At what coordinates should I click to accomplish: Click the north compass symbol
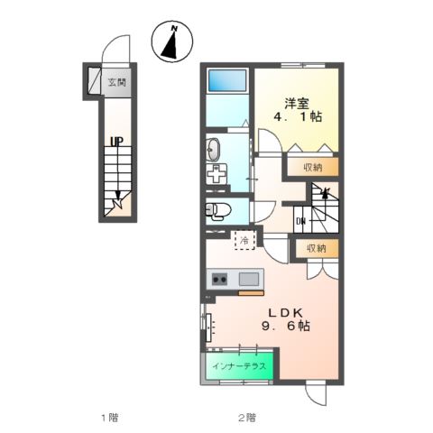(x=172, y=41)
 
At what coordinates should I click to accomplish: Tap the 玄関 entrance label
(x=117, y=82)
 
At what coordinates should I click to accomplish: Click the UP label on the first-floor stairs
(x=116, y=142)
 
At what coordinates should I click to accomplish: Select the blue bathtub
(x=227, y=80)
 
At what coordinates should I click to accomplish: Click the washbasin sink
(x=213, y=150)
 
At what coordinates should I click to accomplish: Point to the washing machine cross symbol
(x=216, y=174)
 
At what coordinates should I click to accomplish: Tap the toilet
(x=218, y=209)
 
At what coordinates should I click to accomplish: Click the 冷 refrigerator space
(x=244, y=240)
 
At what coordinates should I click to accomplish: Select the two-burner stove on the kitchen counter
(x=219, y=280)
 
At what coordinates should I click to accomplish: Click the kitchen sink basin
(x=249, y=279)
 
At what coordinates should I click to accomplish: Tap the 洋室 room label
(x=297, y=104)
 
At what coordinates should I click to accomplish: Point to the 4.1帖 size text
(x=298, y=116)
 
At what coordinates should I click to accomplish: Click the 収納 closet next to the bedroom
(x=313, y=167)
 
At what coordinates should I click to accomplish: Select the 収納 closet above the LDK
(x=317, y=248)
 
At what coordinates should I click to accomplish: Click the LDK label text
(x=285, y=313)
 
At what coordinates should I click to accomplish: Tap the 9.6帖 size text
(x=286, y=326)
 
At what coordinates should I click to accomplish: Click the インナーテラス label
(x=239, y=366)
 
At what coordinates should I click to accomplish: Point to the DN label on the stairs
(x=300, y=222)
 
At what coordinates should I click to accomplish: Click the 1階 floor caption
(x=109, y=418)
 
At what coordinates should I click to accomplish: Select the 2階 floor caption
(x=247, y=418)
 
